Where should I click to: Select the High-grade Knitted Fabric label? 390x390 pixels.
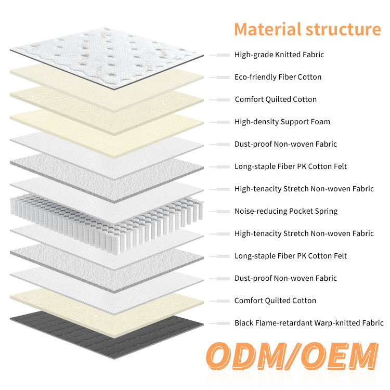(x=279, y=55)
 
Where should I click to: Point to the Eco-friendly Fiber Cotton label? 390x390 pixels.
(x=278, y=77)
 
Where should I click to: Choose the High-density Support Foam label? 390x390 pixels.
(x=282, y=122)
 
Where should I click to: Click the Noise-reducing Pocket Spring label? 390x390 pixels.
(x=285, y=211)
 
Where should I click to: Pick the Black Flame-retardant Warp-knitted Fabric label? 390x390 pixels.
(x=309, y=323)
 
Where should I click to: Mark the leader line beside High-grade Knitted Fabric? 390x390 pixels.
(x=220, y=55)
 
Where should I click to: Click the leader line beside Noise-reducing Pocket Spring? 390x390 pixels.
(x=220, y=211)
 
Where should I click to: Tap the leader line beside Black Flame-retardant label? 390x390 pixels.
(x=220, y=323)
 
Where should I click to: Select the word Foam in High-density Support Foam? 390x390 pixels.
(x=320, y=122)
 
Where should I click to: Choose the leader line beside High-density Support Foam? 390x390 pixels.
(x=220, y=122)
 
